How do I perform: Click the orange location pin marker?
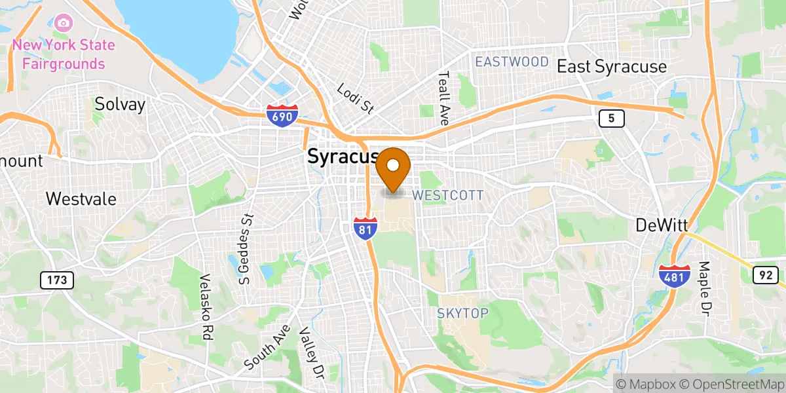click(x=394, y=169)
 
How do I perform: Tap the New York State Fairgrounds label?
click(x=64, y=55)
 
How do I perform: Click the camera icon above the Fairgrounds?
click(x=64, y=24)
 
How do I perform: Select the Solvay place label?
click(x=120, y=104)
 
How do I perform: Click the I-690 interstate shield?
click(x=282, y=115)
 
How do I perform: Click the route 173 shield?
click(x=57, y=281)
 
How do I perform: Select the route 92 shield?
click(x=765, y=276)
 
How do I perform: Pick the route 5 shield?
click(x=611, y=119)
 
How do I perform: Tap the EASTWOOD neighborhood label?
click(x=512, y=62)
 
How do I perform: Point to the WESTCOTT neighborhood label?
click(x=448, y=195)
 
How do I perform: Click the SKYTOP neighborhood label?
click(x=462, y=314)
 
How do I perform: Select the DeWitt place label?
click(x=662, y=225)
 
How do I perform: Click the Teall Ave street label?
click(x=445, y=98)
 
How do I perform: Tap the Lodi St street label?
click(x=354, y=98)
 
